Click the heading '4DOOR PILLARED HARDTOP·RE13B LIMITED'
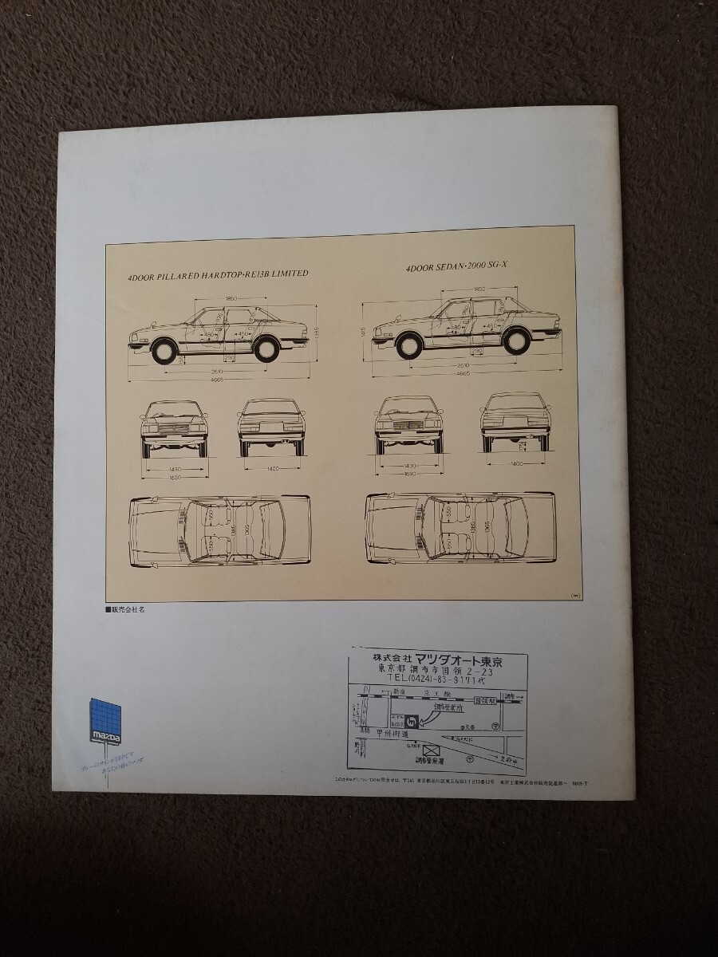pos(218,274)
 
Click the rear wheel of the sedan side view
pos(516,341)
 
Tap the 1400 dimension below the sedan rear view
pos(516,463)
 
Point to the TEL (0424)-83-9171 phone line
pos(439,683)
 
